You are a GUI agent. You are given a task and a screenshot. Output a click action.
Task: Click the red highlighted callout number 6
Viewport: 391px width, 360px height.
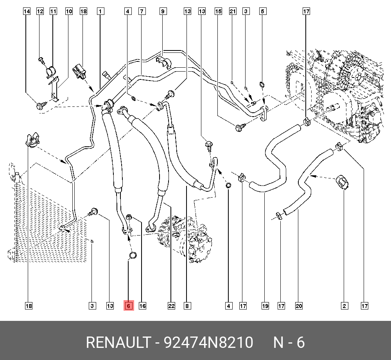pos(129,306)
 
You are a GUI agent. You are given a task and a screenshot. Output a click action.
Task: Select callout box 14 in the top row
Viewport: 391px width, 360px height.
pos(27,12)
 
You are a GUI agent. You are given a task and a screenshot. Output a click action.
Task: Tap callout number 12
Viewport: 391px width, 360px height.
pos(40,12)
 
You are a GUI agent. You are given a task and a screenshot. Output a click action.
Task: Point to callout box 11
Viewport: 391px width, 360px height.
pos(53,12)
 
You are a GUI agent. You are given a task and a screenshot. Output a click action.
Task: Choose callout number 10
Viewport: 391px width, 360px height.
pos(69,12)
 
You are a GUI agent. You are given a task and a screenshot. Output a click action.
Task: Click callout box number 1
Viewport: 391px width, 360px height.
pos(100,12)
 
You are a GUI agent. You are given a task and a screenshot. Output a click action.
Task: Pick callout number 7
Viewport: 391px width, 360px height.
pos(142,12)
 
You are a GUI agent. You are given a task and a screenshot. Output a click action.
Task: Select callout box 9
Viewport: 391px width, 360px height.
pos(163,12)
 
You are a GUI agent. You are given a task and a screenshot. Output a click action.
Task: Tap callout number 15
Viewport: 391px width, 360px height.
pos(218,12)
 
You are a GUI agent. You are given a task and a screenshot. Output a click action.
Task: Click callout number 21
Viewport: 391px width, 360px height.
pos(233,12)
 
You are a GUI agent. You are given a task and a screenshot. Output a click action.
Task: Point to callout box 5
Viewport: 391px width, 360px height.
pos(263,12)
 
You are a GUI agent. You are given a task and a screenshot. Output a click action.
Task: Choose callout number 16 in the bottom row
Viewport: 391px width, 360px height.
pos(142,306)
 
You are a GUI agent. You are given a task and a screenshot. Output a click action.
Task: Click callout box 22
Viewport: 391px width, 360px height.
pos(171,306)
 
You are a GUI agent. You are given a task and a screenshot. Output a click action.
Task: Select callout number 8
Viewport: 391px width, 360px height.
pos(187,306)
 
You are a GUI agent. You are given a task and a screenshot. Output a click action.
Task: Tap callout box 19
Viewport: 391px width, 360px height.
pos(265,306)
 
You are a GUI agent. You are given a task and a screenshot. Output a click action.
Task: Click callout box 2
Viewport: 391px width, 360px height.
pos(344,306)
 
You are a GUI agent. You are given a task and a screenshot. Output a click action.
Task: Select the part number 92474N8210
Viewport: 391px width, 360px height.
pos(208,342)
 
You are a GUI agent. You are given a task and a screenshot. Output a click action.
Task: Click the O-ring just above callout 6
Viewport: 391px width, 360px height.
pos(133,256)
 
